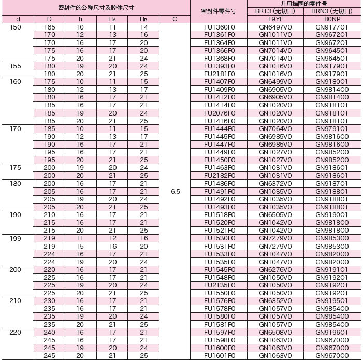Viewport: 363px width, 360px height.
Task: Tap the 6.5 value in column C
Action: coord(175,192)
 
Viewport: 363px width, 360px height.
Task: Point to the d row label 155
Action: coord(16,66)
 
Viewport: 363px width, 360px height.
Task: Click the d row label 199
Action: coord(16,238)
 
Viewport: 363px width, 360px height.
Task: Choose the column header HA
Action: coord(112,19)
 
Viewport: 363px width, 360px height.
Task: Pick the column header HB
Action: coord(143,19)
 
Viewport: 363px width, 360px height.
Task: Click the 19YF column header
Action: coord(275,19)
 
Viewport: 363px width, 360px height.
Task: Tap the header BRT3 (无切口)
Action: coord(275,11)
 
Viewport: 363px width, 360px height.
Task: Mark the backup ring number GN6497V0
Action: coord(275,27)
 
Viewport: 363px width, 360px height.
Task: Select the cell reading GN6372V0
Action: coord(275,183)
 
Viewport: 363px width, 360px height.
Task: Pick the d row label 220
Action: coord(16,332)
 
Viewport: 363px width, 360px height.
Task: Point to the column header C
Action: coord(175,19)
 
